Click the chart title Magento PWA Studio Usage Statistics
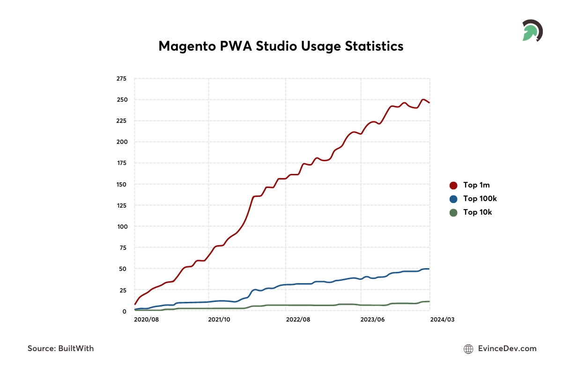281,46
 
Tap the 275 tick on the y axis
121,79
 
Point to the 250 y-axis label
121,100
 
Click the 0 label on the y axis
124,311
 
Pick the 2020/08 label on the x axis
146,320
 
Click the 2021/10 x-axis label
220,320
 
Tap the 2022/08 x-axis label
298,320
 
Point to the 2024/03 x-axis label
442,320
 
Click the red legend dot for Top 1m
453,185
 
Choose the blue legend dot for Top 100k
453,199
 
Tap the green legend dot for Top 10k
453,212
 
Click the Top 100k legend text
480,199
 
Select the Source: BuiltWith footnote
61,348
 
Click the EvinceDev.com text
507,348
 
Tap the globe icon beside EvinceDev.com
468,349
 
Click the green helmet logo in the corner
532,31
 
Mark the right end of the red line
429,103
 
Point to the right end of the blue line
429,269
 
